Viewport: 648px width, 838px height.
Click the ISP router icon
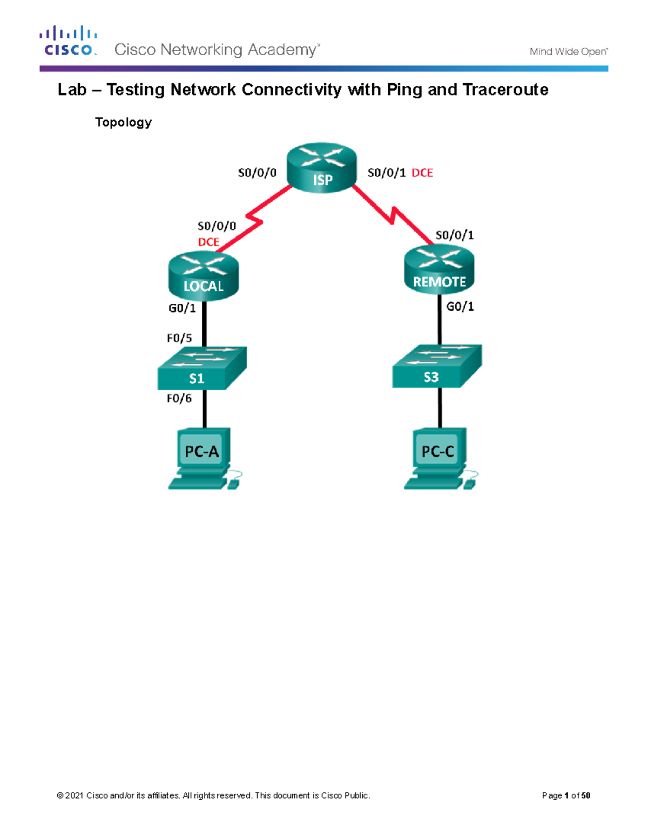coord(322,168)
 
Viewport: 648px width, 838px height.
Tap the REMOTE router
coord(439,270)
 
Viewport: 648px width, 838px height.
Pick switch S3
coord(436,366)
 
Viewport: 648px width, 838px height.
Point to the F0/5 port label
coord(179,338)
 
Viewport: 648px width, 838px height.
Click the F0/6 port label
coord(179,398)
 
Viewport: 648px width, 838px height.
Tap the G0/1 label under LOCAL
coord(182,308)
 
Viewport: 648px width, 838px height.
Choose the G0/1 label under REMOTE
coord(460,306)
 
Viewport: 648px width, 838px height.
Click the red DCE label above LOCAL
coord(208,242)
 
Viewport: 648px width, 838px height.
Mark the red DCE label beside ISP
coord(422,173)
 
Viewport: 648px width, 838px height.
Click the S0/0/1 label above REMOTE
coord(454,235)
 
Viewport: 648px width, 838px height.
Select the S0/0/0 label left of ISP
coord(257,173)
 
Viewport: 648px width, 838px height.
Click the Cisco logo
coord(69,41)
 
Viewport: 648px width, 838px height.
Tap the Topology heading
coord(123,122)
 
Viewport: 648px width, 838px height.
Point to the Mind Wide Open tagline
coord(568,52)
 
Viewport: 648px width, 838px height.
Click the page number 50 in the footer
coord(586,795)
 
